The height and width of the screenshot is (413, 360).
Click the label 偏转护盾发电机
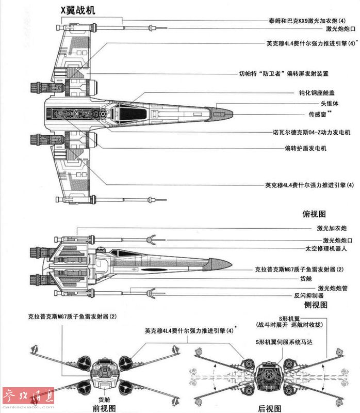pos(304,148)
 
